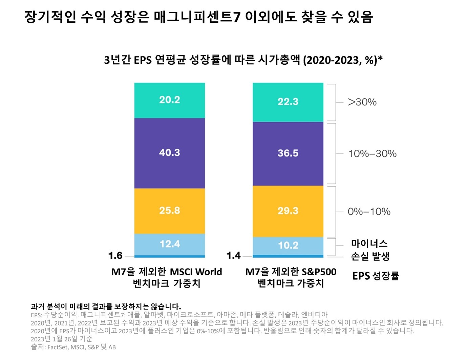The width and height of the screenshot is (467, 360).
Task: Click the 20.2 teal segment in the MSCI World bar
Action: (x=169, y=100)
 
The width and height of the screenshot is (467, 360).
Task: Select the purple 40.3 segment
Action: (x=169, y=153)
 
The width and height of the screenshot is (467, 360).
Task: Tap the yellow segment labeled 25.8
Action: (x=169, y=211)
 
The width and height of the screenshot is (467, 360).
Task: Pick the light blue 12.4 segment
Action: (x=169, y=244)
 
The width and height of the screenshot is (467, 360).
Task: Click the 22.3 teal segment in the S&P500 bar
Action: (x=288, y=102)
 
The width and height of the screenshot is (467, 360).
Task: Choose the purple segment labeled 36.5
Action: (x=288, y=153)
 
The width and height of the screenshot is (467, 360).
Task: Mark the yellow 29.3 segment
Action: (x=288, y=211)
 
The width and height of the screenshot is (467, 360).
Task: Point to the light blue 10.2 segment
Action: (x=288, y=246)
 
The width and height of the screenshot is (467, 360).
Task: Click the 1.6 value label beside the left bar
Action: (x=115, y=256)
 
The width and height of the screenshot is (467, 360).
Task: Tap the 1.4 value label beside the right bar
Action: (x=233, y=256)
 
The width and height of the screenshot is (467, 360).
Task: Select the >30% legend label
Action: (x=362, y=102)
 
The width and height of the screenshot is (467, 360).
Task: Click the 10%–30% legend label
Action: (x=372, y=154)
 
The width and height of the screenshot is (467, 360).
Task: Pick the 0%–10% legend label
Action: (x=369, y=212)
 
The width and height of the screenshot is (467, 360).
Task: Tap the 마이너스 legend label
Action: (x=369, y=243)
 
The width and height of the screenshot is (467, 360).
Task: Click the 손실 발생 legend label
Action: (x=370, y=257)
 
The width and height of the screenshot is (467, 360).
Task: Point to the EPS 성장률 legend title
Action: (x=376, y=276)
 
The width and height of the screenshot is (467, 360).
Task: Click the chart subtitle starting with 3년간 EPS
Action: (x=243, y=60)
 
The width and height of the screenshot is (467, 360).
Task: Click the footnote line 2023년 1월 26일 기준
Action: (x=62, y=339)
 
